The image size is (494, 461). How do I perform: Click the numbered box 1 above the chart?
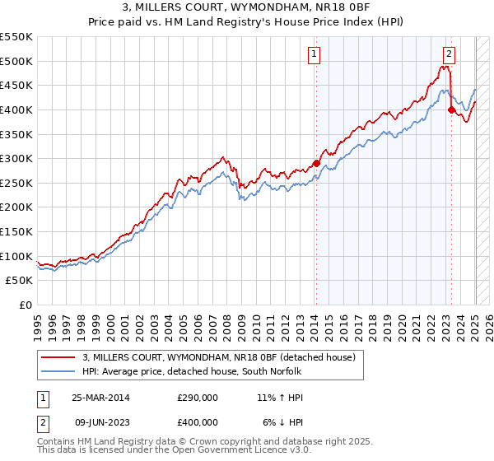coord(315,55)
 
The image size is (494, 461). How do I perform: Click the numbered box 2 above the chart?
coord(449,55)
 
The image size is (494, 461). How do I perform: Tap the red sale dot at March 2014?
coord(317,163)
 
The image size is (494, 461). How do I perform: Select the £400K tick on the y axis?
coord(16,109)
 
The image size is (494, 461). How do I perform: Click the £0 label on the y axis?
coord(25,305)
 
